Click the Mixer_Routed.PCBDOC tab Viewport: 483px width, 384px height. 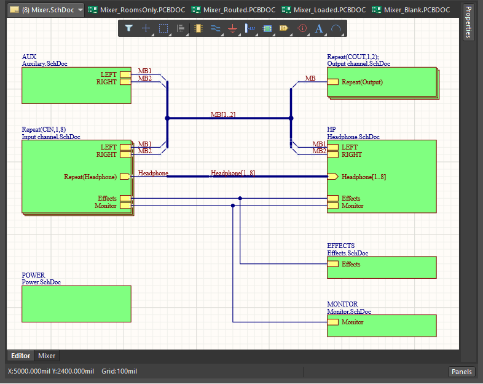(x=234, y=10)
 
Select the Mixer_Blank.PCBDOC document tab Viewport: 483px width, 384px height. (x=411, y=10)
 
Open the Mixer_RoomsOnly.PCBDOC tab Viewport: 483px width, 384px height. (x=137, y=10)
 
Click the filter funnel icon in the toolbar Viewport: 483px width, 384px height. (x=129, y=28)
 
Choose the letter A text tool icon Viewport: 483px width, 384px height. (x=319, y=28)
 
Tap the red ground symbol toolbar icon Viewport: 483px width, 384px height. (x=232, y=28)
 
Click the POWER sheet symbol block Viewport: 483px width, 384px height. (x=76, y=304)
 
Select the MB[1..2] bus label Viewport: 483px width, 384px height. (x=223, y=114)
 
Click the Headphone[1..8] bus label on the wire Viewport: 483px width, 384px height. (x=233, y=173)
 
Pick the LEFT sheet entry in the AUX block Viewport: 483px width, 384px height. (x=125, y=74)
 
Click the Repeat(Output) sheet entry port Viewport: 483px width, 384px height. (x=332, y=82)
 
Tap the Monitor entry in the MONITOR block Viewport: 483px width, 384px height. (x=332, y=322)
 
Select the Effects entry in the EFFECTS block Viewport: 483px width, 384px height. (x=332, y=264)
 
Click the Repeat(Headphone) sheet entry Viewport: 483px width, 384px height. (x=125, y=177)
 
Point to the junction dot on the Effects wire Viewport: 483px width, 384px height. (x=240, y=198)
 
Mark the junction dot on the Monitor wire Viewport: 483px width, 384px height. (x=233, y=206)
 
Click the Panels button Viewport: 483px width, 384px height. (x=461, y=372)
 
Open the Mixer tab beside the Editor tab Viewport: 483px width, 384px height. (x=47, y=356)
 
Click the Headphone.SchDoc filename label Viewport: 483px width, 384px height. (x=353, y=137)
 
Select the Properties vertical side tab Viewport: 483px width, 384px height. (x=468, y=22)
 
